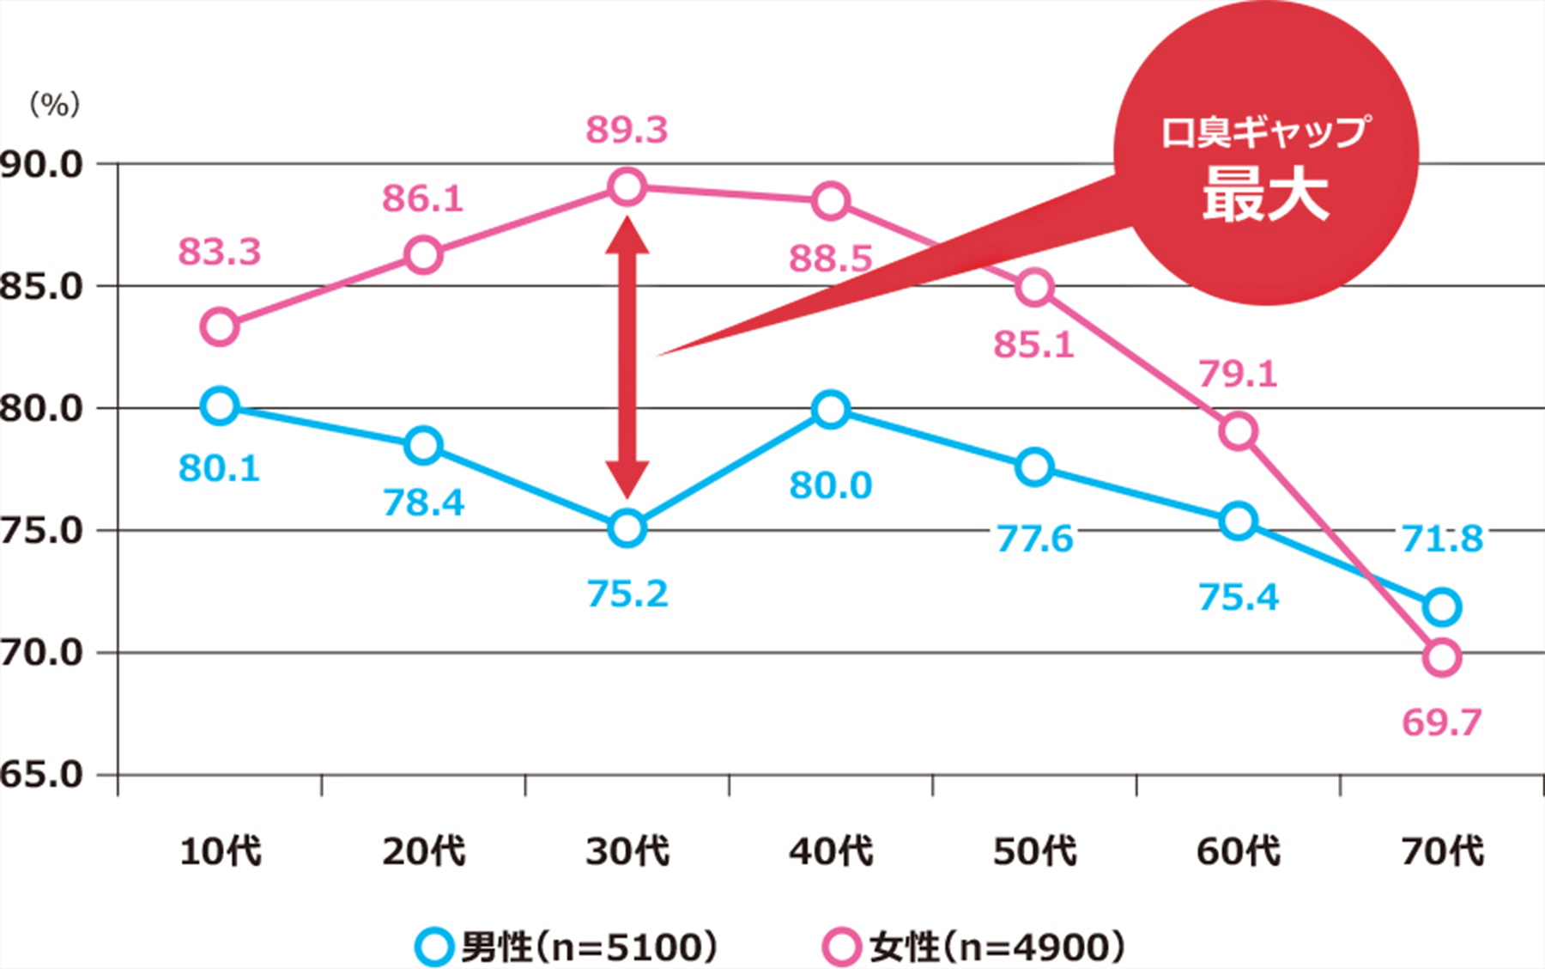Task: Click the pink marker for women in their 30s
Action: (x=627, y=186)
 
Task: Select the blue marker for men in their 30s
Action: (x=627, y=528)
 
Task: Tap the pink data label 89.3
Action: (x=627, y=130)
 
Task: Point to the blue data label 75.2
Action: (x=627, y=594)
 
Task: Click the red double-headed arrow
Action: (x=627, y=357)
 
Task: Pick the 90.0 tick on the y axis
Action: (x=41, y=164)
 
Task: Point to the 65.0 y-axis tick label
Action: (x=41, y=775)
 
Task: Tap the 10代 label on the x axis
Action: (x=220, y=851)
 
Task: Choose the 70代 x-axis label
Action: (x=1442, y=851)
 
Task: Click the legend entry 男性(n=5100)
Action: (x=566, y=947)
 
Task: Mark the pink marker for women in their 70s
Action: (x=1442, y=658)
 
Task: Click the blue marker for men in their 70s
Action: (x=1442, y=607)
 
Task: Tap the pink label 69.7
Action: (x=1442, y=722)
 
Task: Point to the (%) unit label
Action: (x=55, y=105)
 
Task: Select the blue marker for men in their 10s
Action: (x=220, y=405)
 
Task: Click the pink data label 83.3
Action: (x=220, y=253)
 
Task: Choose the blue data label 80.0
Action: (x=831, y=485)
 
